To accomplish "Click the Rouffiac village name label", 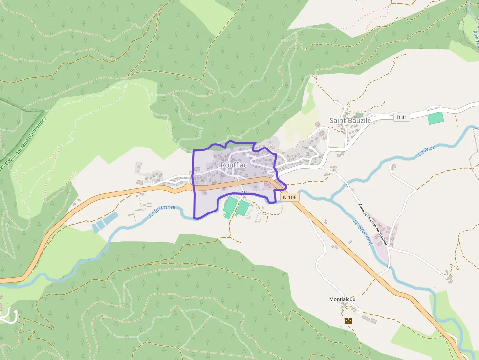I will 234,165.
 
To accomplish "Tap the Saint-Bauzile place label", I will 350,120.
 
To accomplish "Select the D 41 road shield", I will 402,117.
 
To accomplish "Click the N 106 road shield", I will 289,197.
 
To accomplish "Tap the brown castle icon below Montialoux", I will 348,321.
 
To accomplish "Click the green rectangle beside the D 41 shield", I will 435,118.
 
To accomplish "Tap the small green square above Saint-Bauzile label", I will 360,116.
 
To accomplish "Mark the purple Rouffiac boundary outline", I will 194,186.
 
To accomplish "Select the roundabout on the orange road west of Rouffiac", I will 189,187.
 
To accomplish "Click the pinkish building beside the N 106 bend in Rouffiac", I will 268,185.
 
